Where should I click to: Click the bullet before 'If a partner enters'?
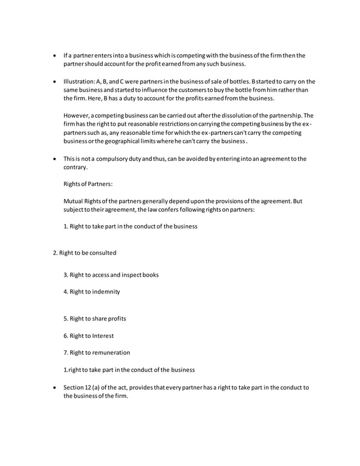click(x=54, y=55)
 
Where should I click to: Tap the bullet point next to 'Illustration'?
click(x=54, y=81)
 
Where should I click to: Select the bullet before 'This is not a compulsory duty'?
click(x=54, y=159)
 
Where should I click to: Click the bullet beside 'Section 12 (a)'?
click(x=54, y=387)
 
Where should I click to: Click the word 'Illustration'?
click(x=80, y=81)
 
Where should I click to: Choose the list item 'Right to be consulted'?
click(x=85, y=253)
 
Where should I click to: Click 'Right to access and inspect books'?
click(x=111, y=275)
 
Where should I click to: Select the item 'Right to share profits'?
click(x=95, y=318)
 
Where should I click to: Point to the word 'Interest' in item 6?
click(x=103, y=336)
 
